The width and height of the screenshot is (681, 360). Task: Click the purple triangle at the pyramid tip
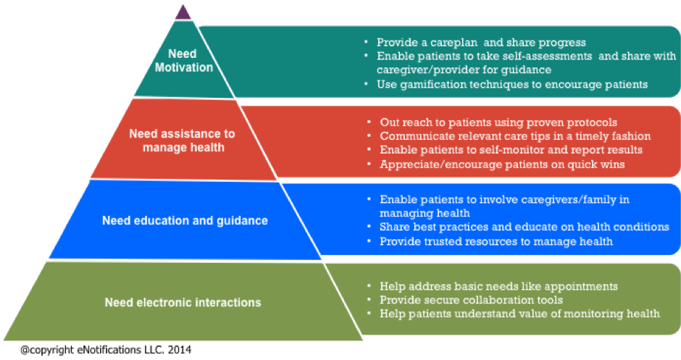point(184,12)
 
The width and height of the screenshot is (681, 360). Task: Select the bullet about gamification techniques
point(511,85)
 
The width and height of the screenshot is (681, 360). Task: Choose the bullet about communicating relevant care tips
point(515,136)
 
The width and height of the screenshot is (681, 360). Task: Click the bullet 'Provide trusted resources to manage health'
point(496,240)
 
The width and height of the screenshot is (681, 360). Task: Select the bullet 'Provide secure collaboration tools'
point(471,300)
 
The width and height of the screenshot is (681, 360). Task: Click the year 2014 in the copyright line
point(177,349)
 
